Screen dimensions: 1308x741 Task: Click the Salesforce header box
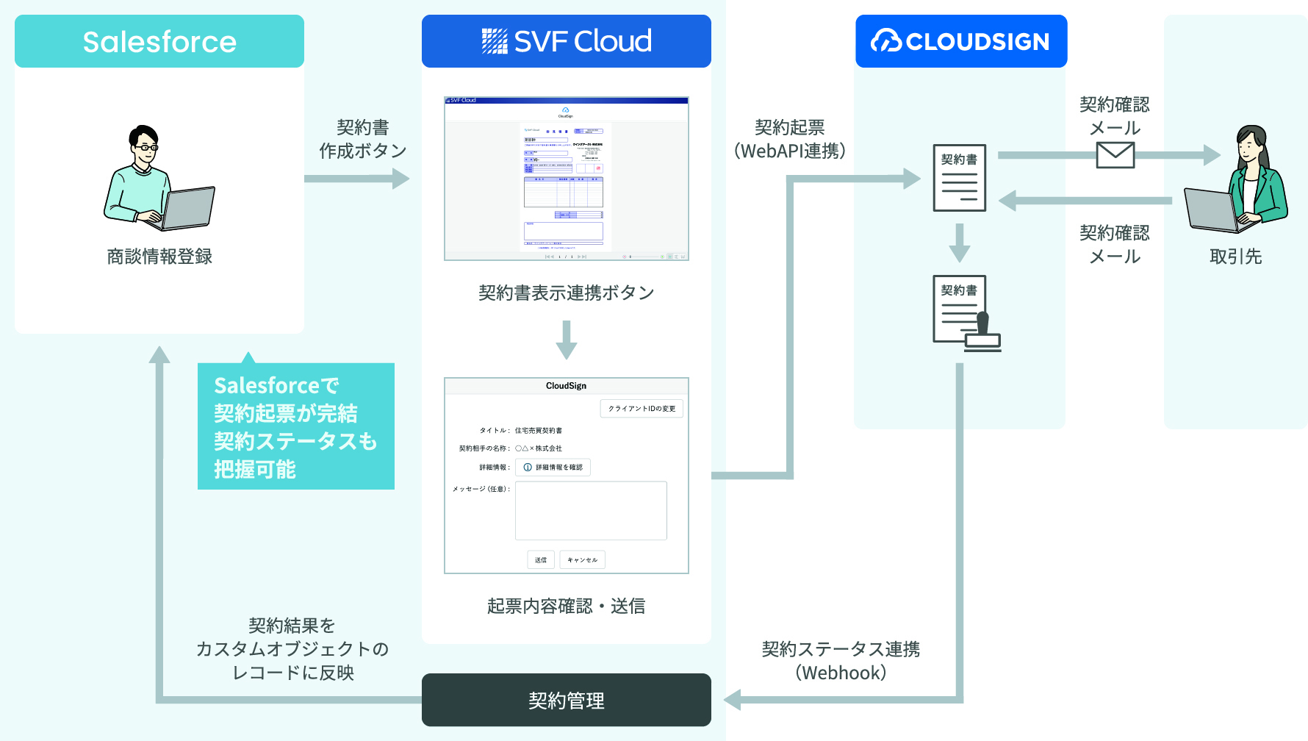pyautogui.click(x=159, y=41)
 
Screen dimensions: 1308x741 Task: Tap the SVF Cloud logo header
pyautogui.click(x=566, y=41)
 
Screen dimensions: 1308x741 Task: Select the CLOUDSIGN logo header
pyautogui.click(x=961, y=41)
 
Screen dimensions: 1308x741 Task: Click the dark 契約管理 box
pyautogui.click(x=566, y=700)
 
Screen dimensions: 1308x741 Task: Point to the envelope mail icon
pyautogui.click(x=1115, y=155)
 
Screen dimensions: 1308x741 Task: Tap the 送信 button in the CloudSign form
pyautogui.click(x=541, y=560)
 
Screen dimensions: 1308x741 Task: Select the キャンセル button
pyautogui.click(x=582, y=560)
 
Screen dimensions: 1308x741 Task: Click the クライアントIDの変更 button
pyautogui.click(x=642, y=409)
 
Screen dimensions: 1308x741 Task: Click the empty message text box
pyautogui.click(x=591, y=511)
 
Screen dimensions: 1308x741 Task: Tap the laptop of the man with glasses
pyautogui.click(x=188, y=208)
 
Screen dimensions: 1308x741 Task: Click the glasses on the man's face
pyautogui.click(x=146, y=148)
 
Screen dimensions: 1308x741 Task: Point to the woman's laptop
pyautogui.click(x=1209, y=210)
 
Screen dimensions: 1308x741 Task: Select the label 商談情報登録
pyautogui.click(x=159, y=257)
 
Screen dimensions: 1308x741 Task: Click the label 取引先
pyautogui.click(x=1235, y=257)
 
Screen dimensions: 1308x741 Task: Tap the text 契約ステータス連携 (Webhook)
pyautogui.click(x=841, y=660)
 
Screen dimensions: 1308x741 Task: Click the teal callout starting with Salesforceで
pyautogui.click(x=296, y=426)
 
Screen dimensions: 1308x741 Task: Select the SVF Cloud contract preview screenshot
pyautogui.click(x=566, y=179)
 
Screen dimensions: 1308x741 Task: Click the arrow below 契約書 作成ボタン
pyautogui.click(x=356, y=179)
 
